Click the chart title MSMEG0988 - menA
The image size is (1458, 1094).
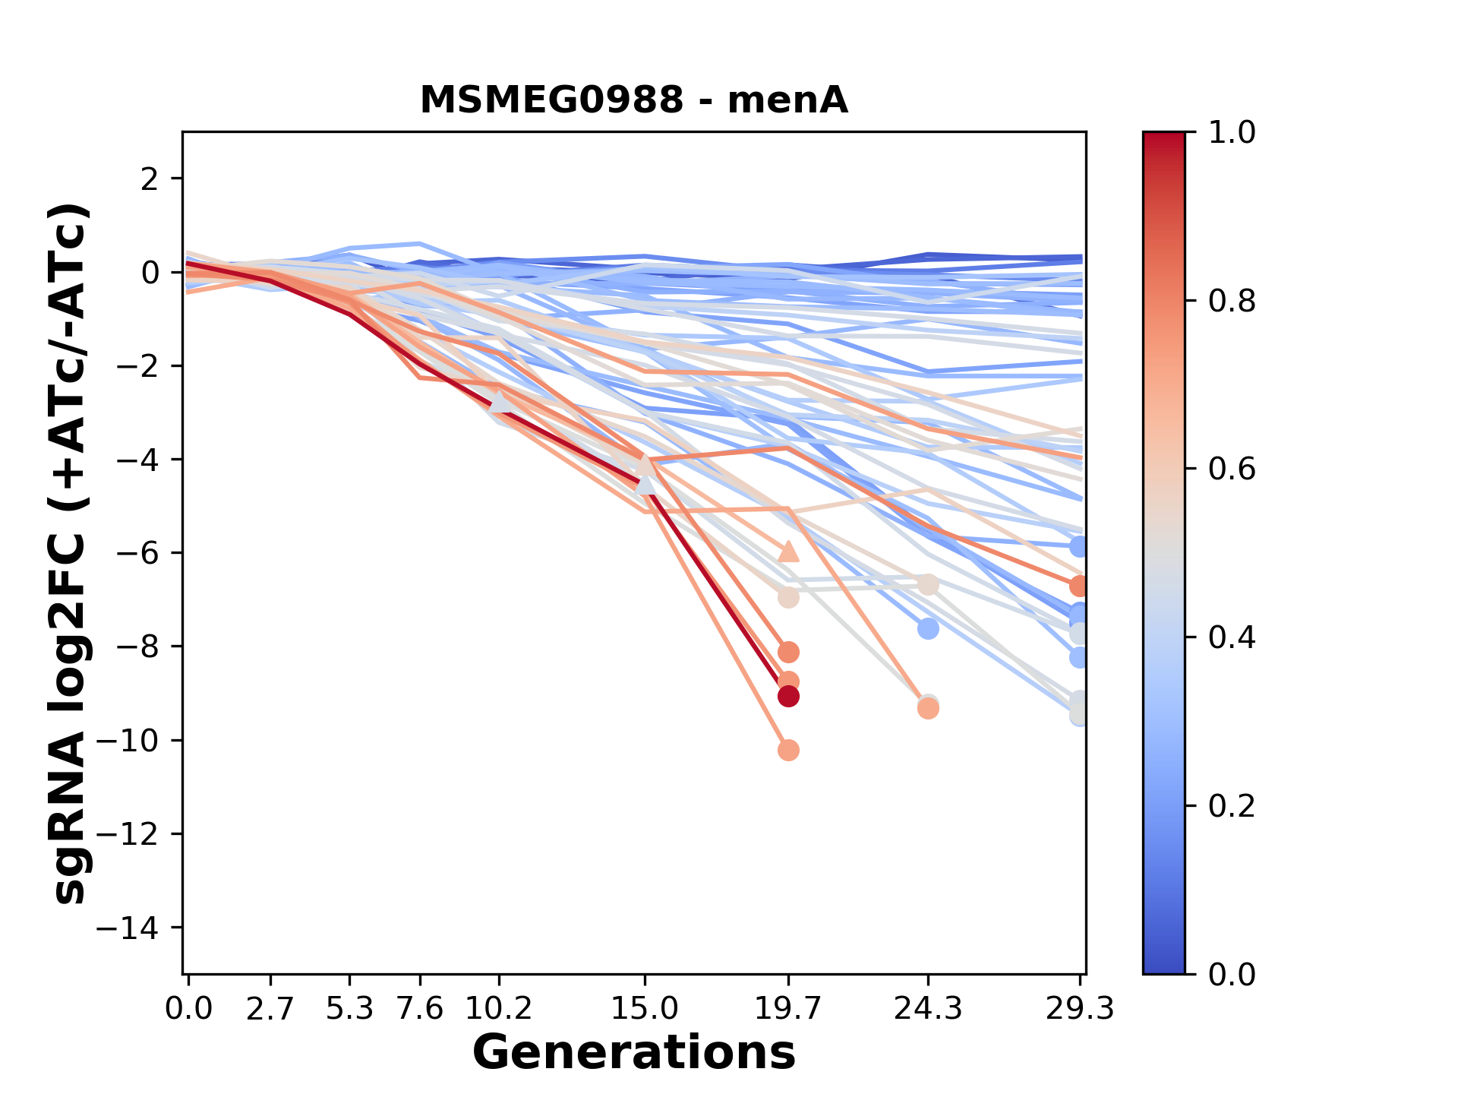pos(633,100)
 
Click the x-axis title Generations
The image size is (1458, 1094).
pos(633,1053)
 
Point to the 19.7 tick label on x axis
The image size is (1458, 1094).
pos(788,1009)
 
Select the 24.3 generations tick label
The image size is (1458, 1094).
pos(927,1009)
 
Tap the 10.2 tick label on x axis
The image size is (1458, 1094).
pos(498,1009)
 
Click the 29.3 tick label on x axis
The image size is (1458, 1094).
pos(1080,1009)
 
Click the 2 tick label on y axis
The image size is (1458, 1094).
pos(150,179)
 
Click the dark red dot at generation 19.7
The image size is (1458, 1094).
pos(788,696)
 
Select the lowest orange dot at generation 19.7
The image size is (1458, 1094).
pos(788,751)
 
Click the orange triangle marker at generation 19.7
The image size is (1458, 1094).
pos(788,552)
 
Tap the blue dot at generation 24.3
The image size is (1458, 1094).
pos(928,628)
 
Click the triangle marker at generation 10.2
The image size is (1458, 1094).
pos(499,402)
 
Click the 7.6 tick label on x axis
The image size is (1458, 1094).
pos(420,1009)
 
